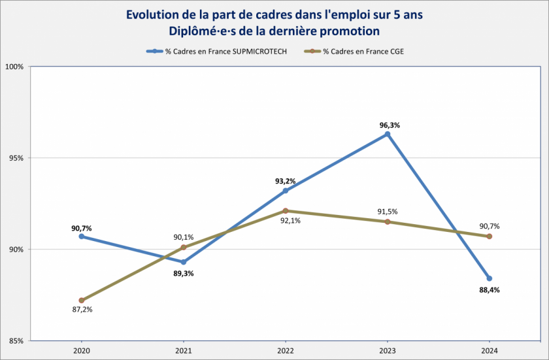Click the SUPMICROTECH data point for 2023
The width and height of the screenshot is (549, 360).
click(x=388, y=134)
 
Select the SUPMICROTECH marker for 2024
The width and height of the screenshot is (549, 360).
click(x=490, y=278)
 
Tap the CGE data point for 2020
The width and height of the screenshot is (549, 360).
click(x=82, y=301)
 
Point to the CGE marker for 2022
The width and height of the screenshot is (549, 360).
click(x=286, y=210)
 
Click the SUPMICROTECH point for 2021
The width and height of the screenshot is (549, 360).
click(x=184, y=262)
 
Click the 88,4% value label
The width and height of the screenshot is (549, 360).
click(x=490, y=289)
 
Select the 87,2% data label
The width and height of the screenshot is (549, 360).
click(x=82, y=309)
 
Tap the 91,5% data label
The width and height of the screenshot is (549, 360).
click(x=388, y=212)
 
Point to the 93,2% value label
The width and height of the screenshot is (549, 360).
click(x=285, y=181)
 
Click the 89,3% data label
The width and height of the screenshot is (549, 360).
click(x=183, y=273)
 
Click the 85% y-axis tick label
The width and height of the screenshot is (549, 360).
click(x=16, y=340)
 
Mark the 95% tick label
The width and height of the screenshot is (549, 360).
click(x=16, y=158)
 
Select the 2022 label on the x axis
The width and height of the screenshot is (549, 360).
click(x=286, y=350)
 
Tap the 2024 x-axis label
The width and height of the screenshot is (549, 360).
click(x=490, y=350)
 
